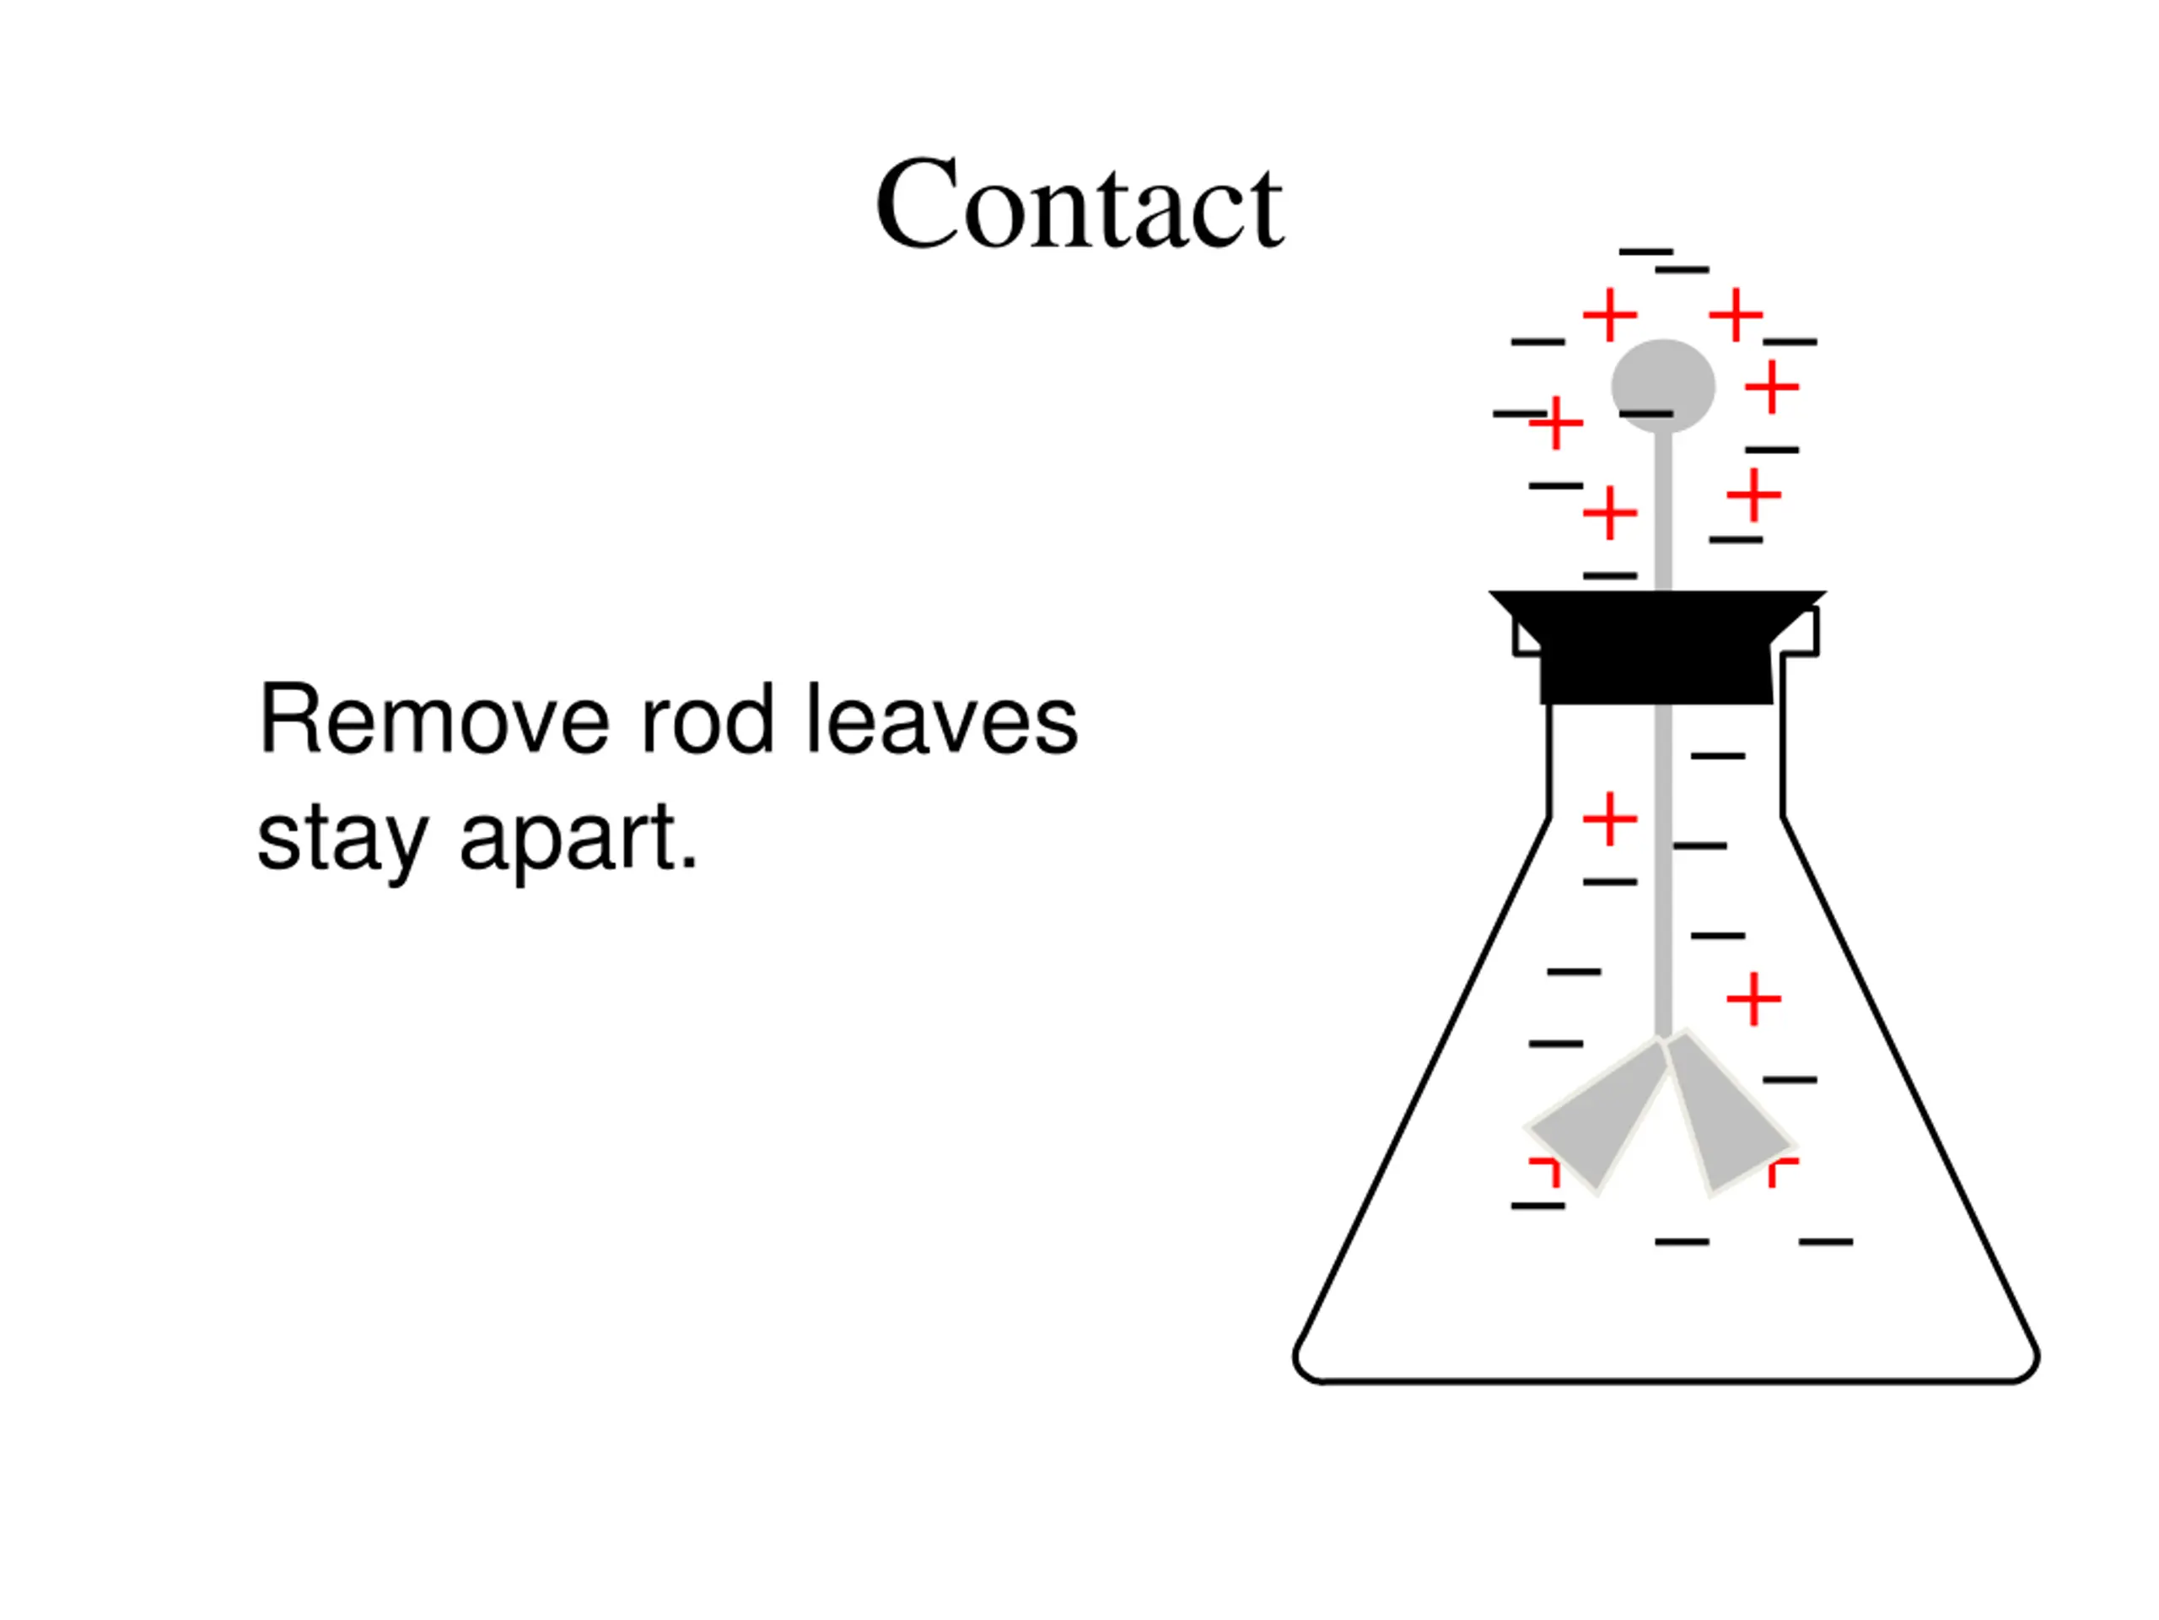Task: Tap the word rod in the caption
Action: (707, 721)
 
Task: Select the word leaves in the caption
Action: (942, 721)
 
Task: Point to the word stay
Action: (342, 838)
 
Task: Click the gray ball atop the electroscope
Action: (1662, 376)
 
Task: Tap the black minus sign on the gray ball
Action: (1645, 414)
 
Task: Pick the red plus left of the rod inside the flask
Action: (1609, 818)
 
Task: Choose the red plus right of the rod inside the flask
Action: (1754, 999)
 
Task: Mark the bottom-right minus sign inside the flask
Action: (1825, 1242)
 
